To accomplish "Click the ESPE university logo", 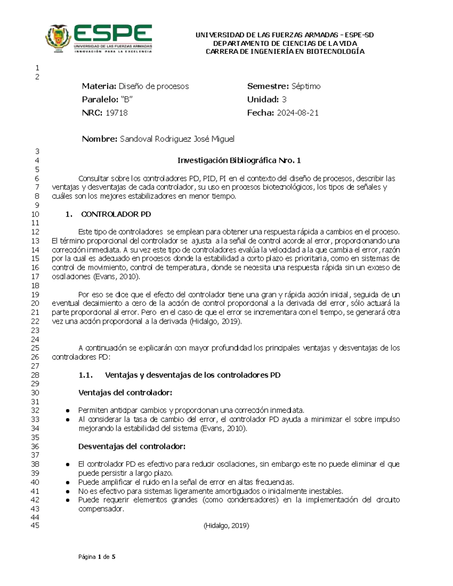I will (99, 39).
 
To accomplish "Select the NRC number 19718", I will (116, 113).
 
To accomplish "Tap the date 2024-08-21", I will (297, 113).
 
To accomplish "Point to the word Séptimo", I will (306, 86).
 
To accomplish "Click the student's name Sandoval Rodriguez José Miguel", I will (177, 139).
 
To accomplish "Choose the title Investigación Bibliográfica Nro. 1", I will (239, 161).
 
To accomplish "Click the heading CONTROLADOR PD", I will (116, 214).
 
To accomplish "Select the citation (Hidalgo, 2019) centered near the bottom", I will (226, 526).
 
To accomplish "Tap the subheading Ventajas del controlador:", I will (125, 393).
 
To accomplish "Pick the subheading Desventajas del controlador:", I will (132, 446).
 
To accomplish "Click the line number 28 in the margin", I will (35, 375).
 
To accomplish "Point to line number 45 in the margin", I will (35, 526).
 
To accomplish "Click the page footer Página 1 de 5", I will (97, 557).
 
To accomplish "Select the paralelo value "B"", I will (127, 100).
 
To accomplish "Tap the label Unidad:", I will (263, 100).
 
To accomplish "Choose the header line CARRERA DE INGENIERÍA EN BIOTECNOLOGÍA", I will (285, 52).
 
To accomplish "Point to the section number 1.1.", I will (86, 375).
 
